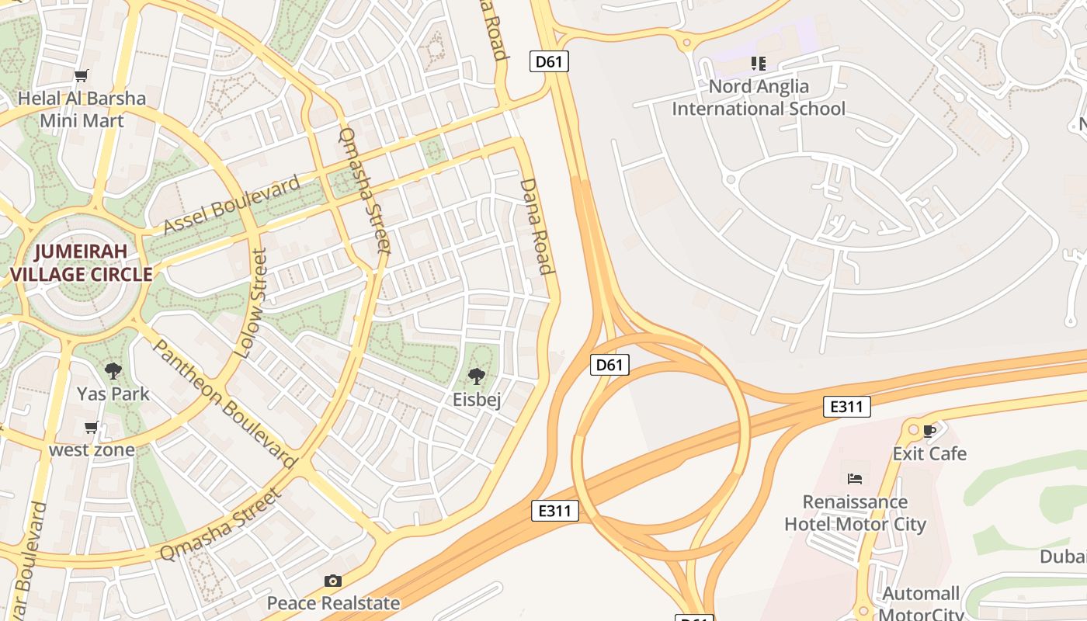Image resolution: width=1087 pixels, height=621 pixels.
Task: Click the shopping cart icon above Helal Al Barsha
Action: pos(82,75)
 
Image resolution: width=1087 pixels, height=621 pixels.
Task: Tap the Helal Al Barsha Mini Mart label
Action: pos(82,109)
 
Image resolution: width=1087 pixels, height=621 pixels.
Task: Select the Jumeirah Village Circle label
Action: pos(81,263)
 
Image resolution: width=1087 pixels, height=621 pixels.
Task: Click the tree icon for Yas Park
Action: pos(113,370)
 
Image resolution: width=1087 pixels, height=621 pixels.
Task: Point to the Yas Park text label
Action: pos(113,394)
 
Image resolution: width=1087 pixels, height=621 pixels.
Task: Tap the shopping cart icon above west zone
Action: pos(92,427)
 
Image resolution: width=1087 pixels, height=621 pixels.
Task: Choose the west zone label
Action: pos(92,449)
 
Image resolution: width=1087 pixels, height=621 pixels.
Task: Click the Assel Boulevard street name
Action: pos(231,206)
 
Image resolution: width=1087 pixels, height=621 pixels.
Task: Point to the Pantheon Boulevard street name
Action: pos(224,404)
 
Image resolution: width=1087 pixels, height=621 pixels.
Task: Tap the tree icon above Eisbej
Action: pos(477,376)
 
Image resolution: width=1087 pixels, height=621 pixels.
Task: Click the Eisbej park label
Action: pos(477,400)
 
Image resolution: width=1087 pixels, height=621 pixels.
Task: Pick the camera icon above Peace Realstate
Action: pos(333,581)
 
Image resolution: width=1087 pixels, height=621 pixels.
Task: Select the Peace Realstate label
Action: pos(334,603)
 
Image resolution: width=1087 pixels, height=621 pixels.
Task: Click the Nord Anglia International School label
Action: pos(759,98)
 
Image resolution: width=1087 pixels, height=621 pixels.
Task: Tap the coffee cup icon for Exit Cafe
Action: pos(929,430)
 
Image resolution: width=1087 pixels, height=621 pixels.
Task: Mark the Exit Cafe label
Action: pos(929,453)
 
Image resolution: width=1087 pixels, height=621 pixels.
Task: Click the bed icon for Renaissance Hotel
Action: pos(855,478)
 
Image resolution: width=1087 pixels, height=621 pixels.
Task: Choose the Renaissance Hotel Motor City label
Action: pos(855,513)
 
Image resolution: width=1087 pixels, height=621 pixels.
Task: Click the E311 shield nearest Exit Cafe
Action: pos(847,406)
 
